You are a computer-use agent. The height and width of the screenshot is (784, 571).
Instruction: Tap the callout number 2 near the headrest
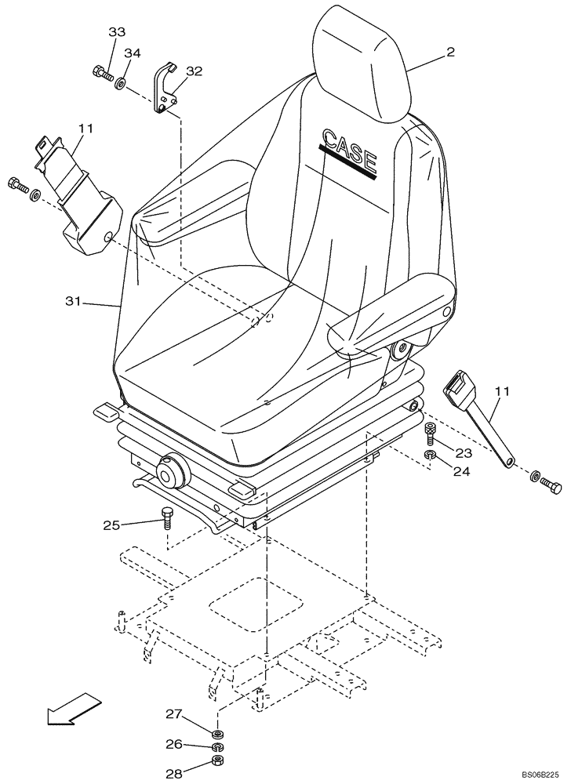[449, 52]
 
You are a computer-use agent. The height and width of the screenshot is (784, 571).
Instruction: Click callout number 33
[116, 32]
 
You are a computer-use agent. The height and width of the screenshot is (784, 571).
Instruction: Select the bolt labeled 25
[166, 517]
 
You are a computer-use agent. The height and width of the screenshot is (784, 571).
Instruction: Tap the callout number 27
[173, 713]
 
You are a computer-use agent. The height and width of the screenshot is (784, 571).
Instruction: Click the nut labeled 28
[218, 765]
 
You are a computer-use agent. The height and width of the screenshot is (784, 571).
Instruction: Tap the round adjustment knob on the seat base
[170, 474]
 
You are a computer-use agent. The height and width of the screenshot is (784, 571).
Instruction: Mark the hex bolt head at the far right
[552, 487]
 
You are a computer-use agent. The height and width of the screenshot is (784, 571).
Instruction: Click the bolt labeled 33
[100, 74]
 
